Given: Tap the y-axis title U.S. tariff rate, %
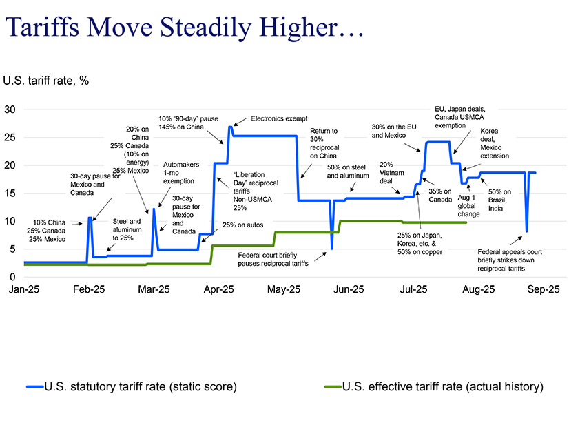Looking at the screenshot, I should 46,81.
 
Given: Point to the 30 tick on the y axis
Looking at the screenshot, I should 10,110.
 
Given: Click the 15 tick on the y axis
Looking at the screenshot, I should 10,194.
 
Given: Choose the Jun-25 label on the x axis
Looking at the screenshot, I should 349,289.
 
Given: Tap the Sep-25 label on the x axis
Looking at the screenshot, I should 544,289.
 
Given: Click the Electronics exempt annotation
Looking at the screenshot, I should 279,118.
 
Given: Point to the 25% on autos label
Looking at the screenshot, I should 242,225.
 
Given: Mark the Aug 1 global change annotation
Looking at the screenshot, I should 468,205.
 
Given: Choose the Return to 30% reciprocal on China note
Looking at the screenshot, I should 324,143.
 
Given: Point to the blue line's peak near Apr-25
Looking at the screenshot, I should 230,127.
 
